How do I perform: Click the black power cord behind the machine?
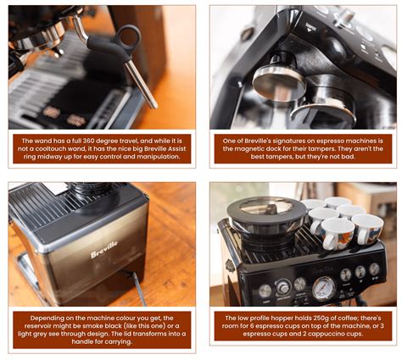coord(137,288)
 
